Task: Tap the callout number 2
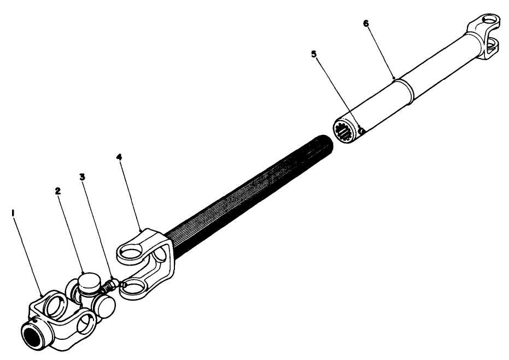coord(58,191)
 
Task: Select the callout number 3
coord(83,177)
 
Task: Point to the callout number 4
coord(119,157)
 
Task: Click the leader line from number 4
coord(131,193)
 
